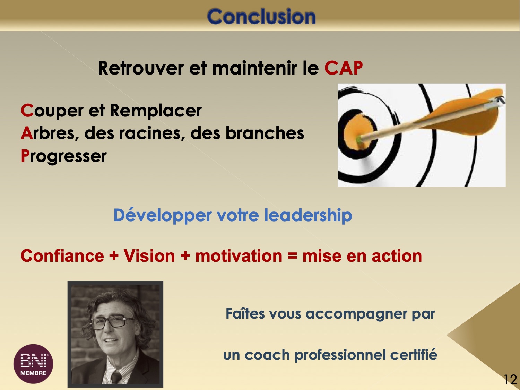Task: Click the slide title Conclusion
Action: point(261,16)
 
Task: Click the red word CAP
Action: point(344,68)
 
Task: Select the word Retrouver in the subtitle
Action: point(141,68)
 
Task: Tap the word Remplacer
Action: point(156,111)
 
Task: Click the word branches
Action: point(265,133)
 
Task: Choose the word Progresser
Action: point(64,156)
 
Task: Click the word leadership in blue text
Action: point(308,215)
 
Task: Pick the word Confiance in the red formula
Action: point(62,256)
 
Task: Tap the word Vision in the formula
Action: point(149,256)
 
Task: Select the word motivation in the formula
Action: point(239,256)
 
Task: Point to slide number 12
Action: point(510,379)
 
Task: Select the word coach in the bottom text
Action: point(267,355)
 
